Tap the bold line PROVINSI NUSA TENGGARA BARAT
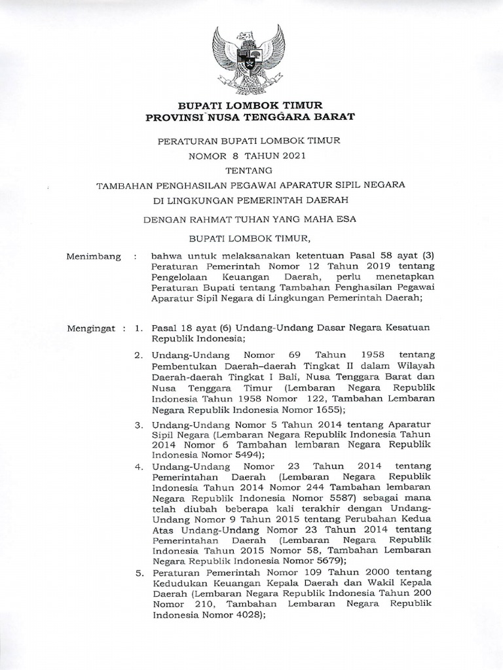tap(251, 117)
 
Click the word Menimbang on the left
tap(94, 257)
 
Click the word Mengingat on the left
tap(92, 326)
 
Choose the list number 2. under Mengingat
tap(140, 355)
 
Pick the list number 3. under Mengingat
tap(140, 425)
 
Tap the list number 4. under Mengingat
tap(140, 467)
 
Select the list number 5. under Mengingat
tap(140, 573)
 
